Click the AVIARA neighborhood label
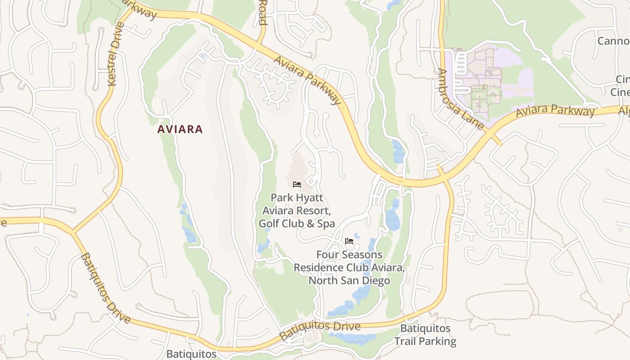[x=180, y=130]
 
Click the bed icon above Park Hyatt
[x=297, y=184]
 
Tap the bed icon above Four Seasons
[x=349, y=241]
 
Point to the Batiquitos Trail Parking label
[x=425, y=335]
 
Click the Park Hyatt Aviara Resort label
[x=297, y=204]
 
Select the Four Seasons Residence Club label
[x=349, y=261]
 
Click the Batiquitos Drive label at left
[x=105, y=288]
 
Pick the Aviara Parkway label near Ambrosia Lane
[x=555, y=111]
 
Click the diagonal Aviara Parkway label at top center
[x=307, y=80]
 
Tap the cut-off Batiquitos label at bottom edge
[x=191, y=354]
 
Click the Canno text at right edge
[x=613, y=41]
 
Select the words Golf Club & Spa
[x=297, y=223]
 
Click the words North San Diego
[x=349, y=281]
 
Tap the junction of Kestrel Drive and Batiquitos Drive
[x=73, y=232]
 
